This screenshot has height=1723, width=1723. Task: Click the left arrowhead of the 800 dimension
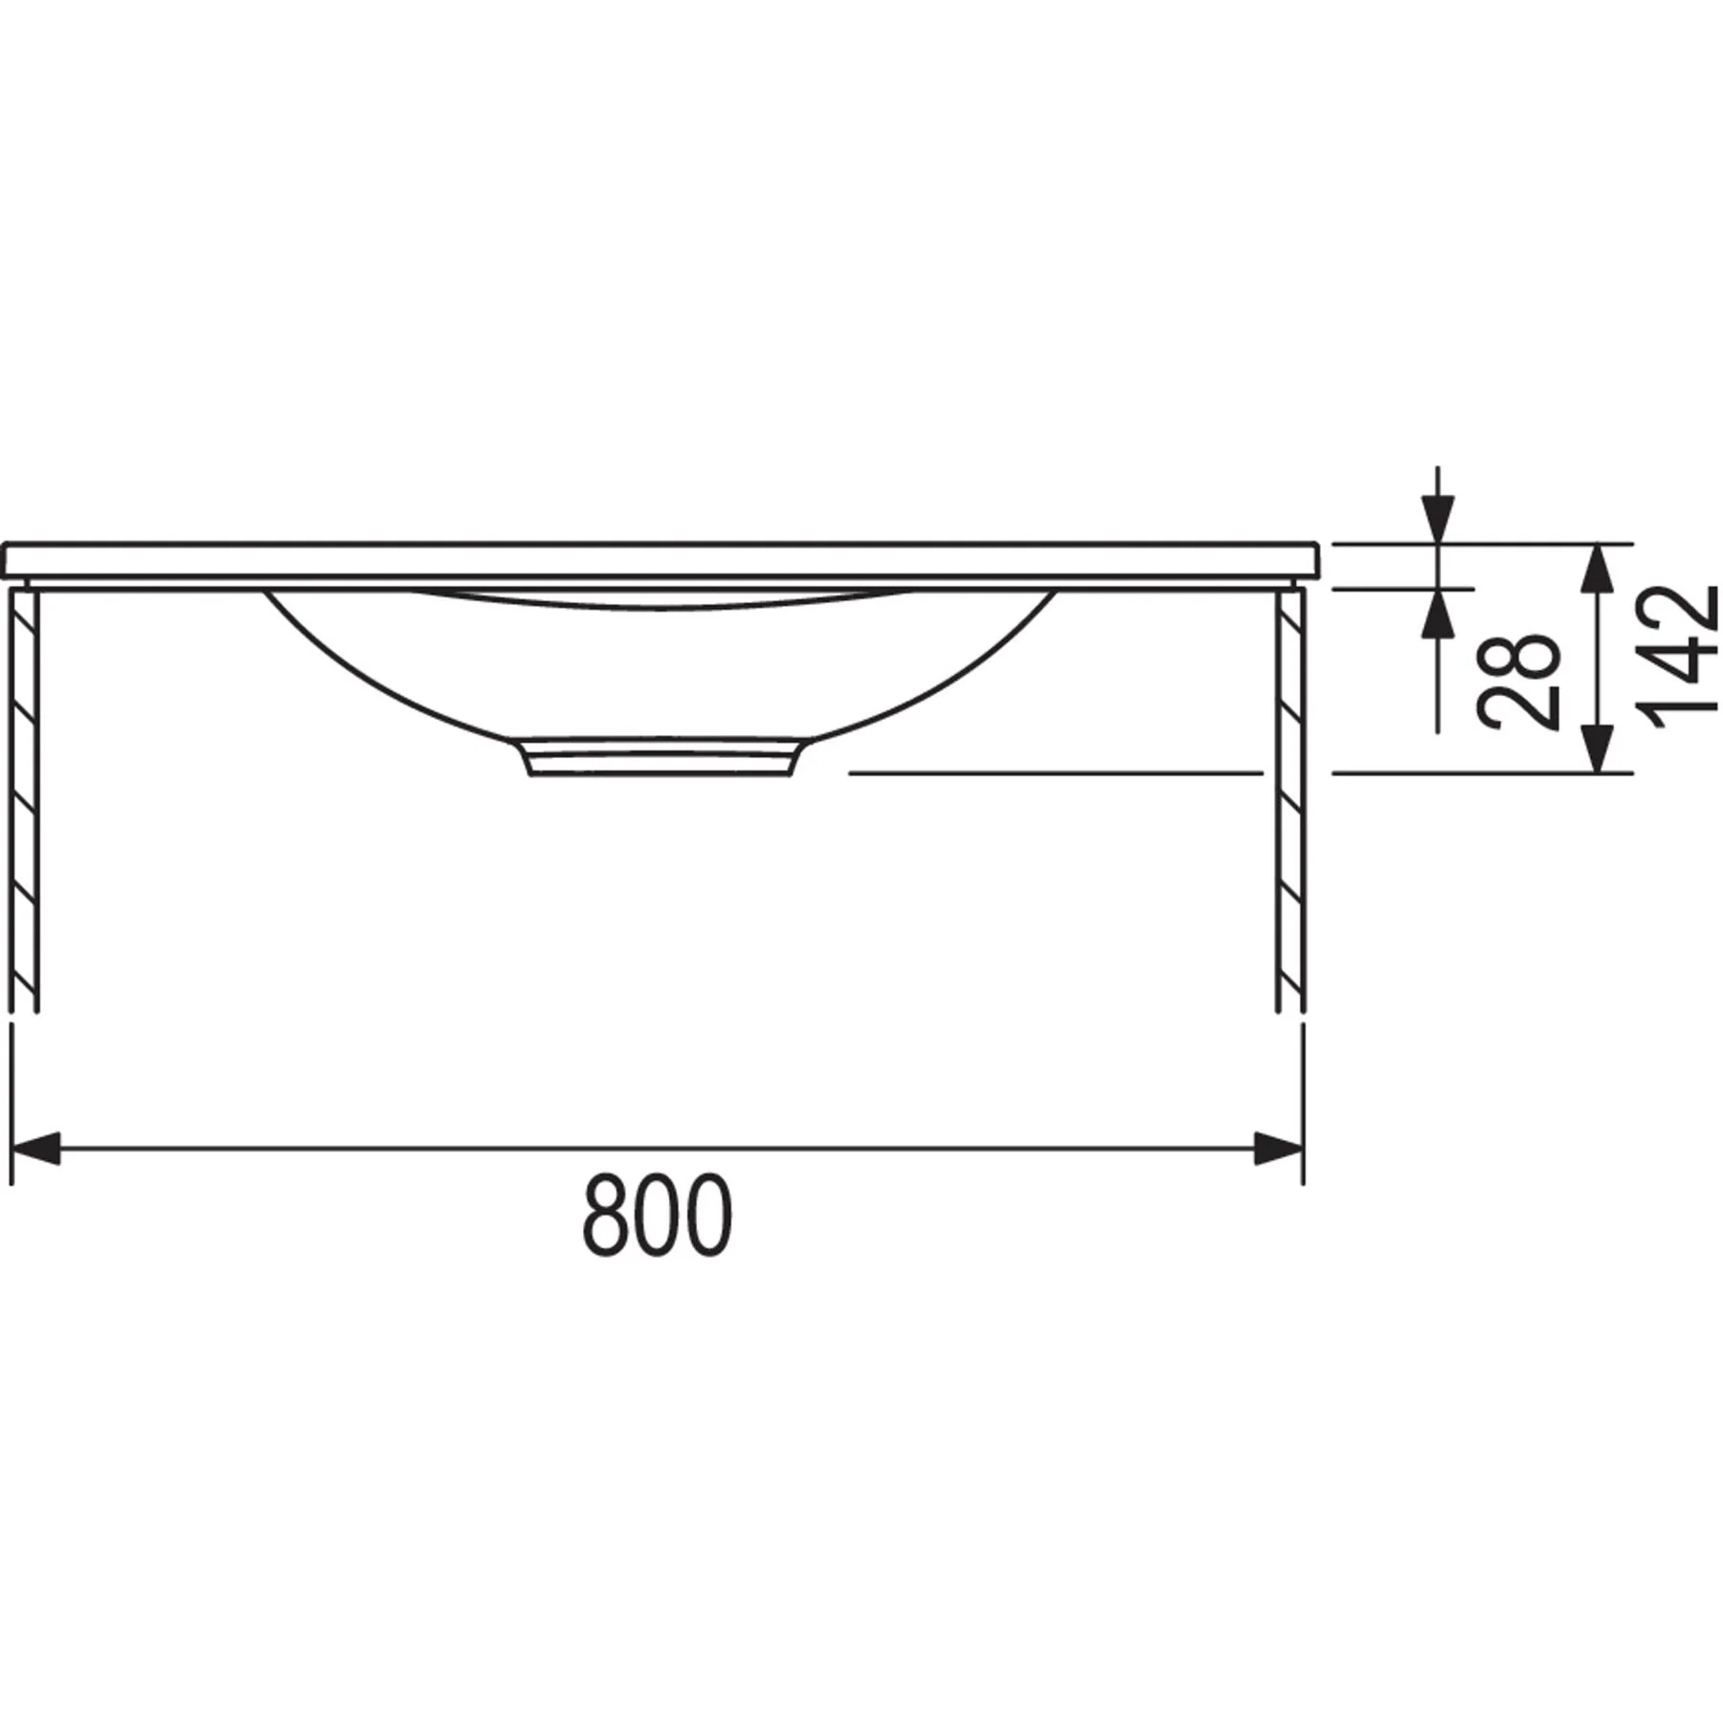[x=34, y=1148]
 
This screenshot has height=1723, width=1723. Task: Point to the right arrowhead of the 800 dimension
[x=1279, y=1148]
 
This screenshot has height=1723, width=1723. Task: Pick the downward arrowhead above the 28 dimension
[x=1438, y=520]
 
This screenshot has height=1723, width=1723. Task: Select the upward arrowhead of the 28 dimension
[x=1438, y=613]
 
